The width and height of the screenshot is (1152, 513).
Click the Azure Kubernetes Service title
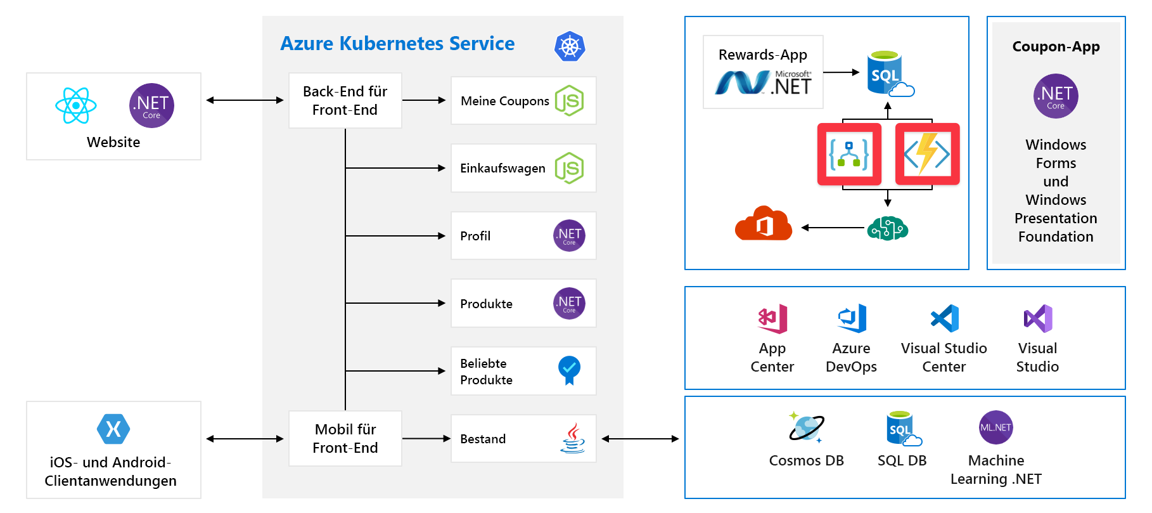tap(397, 44)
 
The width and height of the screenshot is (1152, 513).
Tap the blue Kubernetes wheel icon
tap(570, 46)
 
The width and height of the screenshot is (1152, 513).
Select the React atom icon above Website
tap(76, 105)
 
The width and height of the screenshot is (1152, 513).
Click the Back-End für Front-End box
tap(345, 101)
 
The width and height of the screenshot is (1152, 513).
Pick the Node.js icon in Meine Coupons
tap(569, 101)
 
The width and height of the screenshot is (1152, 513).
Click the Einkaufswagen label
tap(502, 169)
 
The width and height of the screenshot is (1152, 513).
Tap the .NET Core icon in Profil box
tap(569, 236)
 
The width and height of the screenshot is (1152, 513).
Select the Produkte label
tap(486, 304)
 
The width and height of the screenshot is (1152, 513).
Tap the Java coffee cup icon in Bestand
tap(572, 438)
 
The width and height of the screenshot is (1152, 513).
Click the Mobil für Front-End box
tap(345, 438)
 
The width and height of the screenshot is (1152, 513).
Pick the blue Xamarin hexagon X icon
tap(113, 429)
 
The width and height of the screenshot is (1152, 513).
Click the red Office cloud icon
tap(763, 224)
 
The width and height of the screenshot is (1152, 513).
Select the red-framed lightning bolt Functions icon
tap(927, 154)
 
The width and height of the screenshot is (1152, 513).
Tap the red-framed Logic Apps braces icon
tap(849, 154)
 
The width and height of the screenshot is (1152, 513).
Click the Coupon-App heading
tap(1056, 47)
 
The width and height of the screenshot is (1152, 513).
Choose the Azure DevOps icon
tap(852, 318)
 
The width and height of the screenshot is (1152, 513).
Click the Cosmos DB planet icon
tap(805, 427)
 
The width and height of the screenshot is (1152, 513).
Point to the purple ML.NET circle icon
tap(995, 427)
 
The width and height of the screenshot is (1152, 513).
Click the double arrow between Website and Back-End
tap(245, 100)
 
